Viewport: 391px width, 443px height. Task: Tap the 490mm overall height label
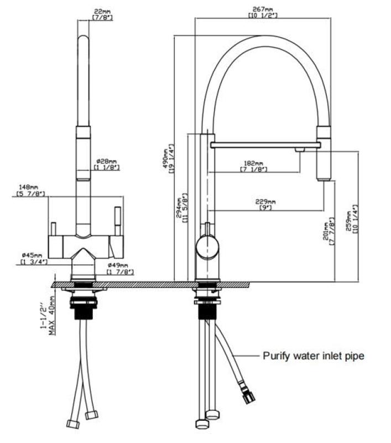164,159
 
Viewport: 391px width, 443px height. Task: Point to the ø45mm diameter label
32,257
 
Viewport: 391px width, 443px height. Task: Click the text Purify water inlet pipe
313,356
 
